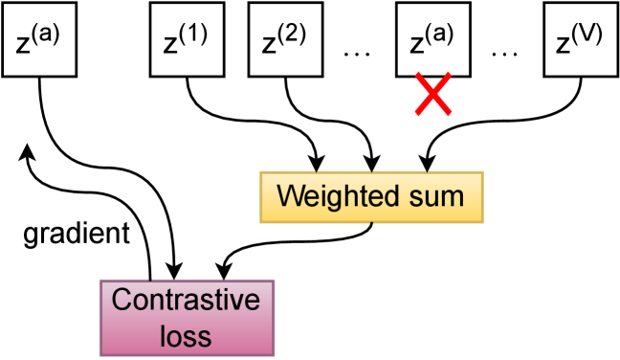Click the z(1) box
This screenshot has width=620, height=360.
point(187,38)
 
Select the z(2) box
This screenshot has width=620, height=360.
point(285,38)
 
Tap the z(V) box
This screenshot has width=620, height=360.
point(581,38)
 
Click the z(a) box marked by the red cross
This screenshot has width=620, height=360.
point(432,38)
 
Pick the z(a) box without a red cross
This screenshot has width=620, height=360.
point(38,38)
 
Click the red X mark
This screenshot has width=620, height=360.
point(432,98)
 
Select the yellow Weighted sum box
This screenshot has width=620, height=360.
point(371,197)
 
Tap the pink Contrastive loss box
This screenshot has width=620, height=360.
point(188,317)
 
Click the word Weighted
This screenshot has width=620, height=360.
point(333,197)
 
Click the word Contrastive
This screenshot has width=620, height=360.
point(187,301)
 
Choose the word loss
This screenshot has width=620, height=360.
point(187,335)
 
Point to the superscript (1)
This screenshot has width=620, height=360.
point(196,35)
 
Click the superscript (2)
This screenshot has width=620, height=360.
point(294,35)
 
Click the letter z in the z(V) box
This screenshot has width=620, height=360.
point(563,45)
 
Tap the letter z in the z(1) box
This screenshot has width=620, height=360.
point(170,45)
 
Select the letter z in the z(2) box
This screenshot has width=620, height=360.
point(269,45)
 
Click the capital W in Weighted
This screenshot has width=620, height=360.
point(288,197)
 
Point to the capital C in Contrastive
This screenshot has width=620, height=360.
point(122,301)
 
